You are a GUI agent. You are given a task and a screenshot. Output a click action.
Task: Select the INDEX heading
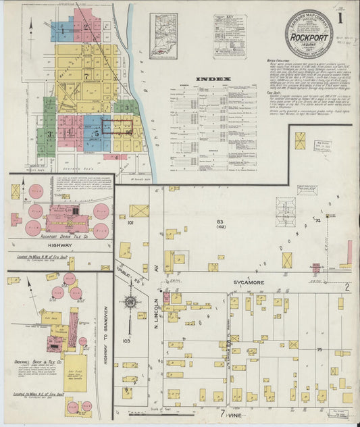[213, 79]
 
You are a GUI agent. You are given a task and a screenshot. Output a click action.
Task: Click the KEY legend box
[230, 35]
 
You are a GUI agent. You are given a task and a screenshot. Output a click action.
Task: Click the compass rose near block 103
[130, 302]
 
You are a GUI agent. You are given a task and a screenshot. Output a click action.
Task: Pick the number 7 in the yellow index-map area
[86, 76]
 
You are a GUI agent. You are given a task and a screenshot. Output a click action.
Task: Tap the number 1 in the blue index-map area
[62, 30]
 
